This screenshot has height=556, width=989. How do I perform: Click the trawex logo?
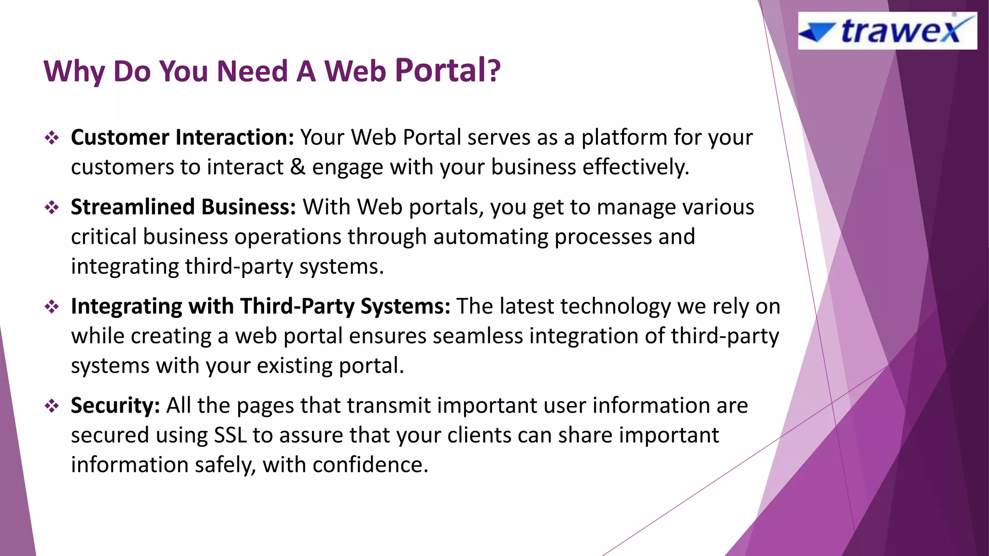[887, 31]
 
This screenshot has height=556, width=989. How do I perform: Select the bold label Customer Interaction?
[182, 138]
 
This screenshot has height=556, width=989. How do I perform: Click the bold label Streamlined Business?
[183, 207]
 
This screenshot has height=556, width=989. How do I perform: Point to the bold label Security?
[115, 405]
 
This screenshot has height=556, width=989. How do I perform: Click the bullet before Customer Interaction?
[52, 139]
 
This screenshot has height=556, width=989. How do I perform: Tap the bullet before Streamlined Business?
[52, 208]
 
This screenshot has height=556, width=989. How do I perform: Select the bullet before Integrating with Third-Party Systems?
[52, 307]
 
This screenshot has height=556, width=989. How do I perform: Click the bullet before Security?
[52, 406]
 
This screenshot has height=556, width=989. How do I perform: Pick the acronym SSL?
[230, 435]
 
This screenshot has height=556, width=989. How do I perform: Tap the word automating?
[490, 237]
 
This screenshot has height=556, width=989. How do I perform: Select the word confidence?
[370, 465]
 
